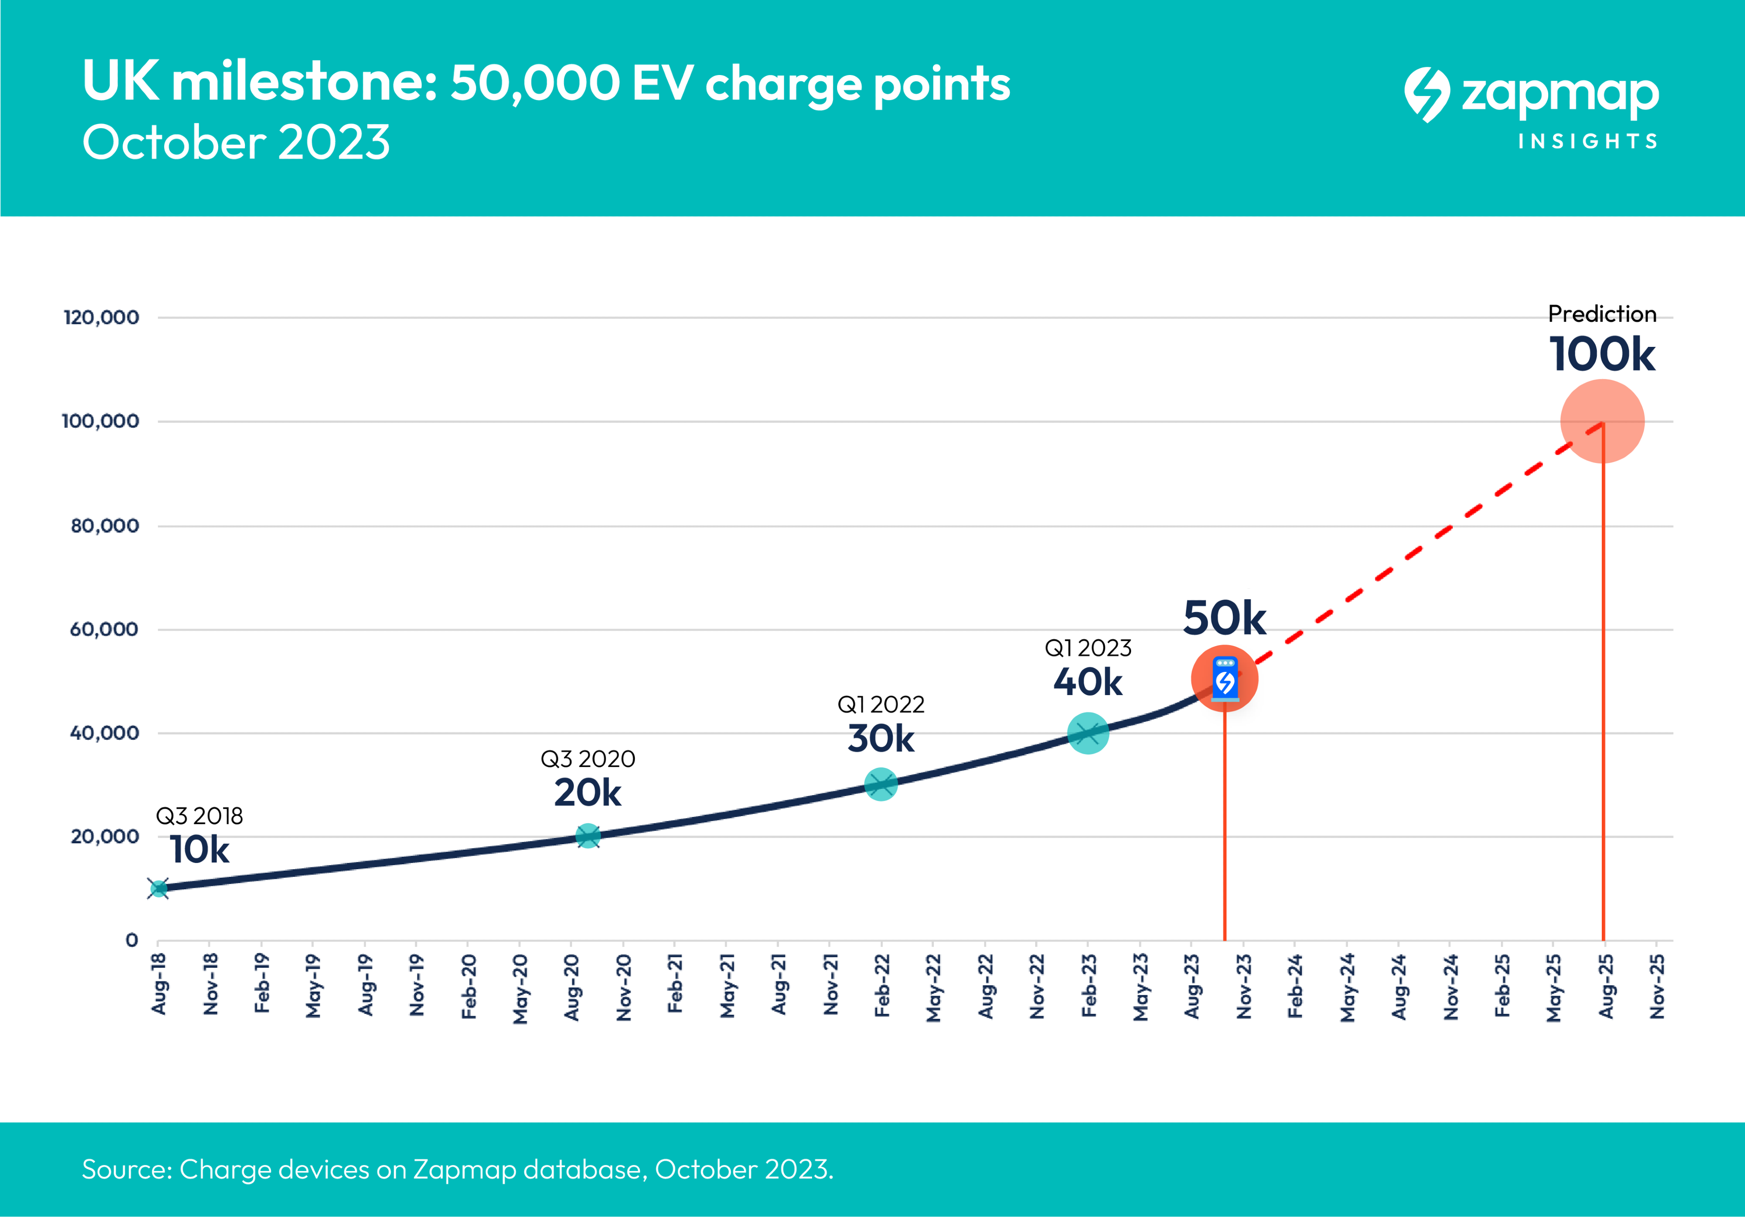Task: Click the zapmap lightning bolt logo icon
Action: [x=1426, y=94]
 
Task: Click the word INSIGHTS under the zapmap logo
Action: [x=1588, y=141]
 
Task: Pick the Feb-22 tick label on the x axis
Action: [x=882, y=985]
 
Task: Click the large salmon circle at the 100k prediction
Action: [x=1602, y=421]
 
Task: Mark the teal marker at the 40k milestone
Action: [x=1087, y=734]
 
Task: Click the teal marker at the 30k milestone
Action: [x=881, y=784]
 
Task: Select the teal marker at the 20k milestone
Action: [x=588, y=836]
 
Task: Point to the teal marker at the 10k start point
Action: [x=159, y=889]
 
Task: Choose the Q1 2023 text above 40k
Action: [x=1087, y=648]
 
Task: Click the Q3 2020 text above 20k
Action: [x=588, y=759]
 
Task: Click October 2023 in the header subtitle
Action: [x=236, y=142]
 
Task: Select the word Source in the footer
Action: [x=127, y=1169]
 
